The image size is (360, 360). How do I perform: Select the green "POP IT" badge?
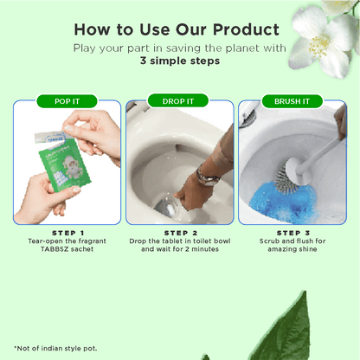tap(66, 101)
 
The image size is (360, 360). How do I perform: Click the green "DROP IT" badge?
tap(179, 101)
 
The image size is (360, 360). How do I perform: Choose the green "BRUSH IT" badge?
tap(292, 101)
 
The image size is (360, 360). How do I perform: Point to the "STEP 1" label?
tap(67, 233)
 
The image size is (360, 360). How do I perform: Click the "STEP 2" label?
tap(179, 233)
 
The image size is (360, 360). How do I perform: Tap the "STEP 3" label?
tap(292, 233)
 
